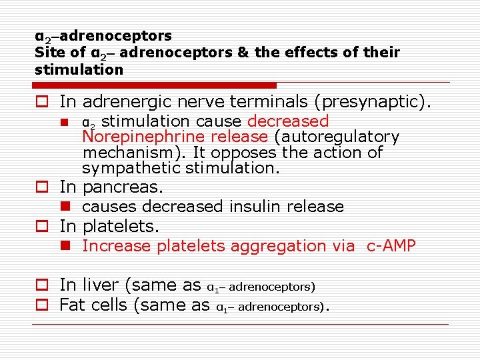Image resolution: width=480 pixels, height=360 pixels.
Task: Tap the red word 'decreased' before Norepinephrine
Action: click(x=288, y=121)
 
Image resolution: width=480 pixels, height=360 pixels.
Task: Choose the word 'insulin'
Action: click(x=257, y=207)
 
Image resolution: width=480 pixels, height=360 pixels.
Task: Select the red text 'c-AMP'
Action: click(x=391, y=246)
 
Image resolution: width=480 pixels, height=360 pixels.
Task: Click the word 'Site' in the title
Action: click(x=49, y=52)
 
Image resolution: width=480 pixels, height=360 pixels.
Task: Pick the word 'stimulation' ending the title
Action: click(x=79, y=69)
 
